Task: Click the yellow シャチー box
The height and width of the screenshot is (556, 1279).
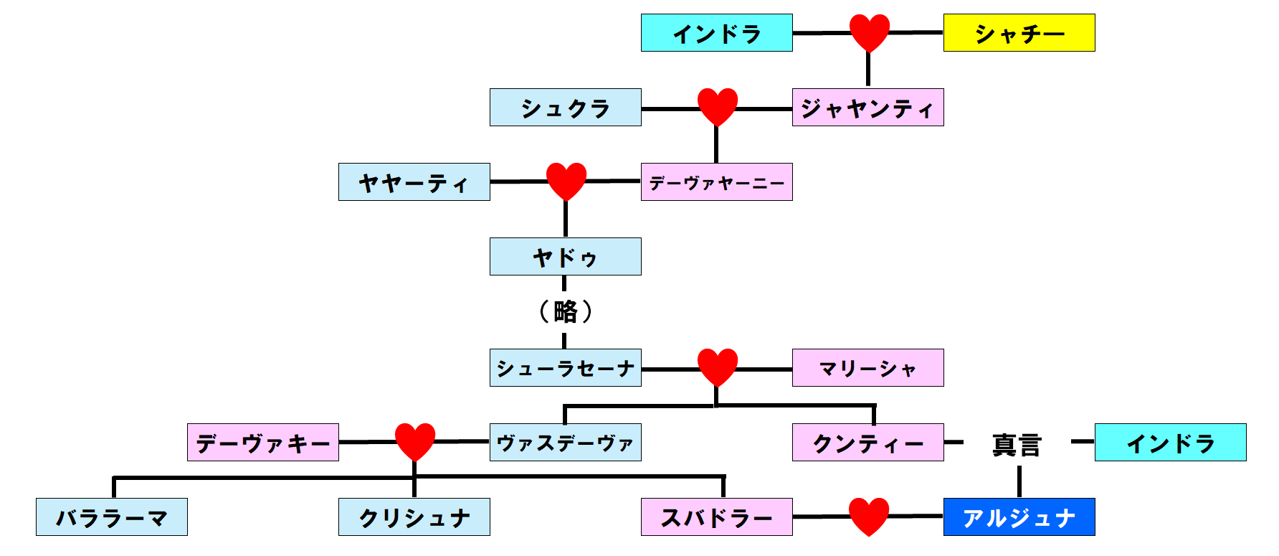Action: click(x=1019, y=33)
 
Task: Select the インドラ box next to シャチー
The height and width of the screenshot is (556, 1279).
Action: click(x=716, y=33)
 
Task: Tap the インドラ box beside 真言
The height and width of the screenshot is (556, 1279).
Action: click(x=1170, y=443)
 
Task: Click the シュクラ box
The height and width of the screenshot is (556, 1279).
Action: click(x=565, y=108)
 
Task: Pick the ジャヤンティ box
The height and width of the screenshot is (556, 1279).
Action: click(x=867, y=108)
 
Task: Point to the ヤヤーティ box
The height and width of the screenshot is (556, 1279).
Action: click(x=414, y=182)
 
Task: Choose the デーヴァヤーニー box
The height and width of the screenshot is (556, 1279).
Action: click(x=716, y=182)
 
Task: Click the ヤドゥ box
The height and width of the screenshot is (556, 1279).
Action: click(x=565, y=257)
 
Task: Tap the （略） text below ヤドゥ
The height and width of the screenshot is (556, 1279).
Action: click(x=565, y=311)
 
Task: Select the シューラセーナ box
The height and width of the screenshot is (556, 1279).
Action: click(x=565, y=368)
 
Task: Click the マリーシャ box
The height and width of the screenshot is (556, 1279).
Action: click(x=867, y=368)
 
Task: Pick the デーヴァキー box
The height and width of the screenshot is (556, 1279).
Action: click(x=262, y=443)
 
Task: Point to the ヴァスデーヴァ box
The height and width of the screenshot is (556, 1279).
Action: click(x=565, y=443)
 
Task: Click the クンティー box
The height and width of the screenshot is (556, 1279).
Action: click(x=867, y=443)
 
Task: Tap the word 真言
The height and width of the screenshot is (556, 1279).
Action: click(x=1017, y=445)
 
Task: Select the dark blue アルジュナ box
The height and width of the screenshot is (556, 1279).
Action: click(x=1019, y=517)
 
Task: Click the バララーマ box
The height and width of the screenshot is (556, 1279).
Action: click(x=111, y=517)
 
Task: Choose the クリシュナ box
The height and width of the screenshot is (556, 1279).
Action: click(x=414, y=517)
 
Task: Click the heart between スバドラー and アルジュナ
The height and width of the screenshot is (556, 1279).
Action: click(x=868, y=516)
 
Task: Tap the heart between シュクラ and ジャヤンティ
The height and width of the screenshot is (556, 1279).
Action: click(x=717, y=106)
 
